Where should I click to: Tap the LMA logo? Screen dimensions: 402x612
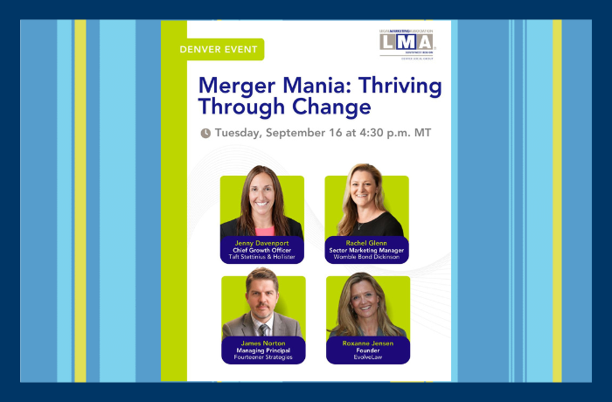406,41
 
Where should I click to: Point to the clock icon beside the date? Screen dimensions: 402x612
205,134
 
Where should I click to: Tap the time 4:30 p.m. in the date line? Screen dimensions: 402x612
387,133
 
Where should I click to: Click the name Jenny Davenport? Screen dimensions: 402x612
261,242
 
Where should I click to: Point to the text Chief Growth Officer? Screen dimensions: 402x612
261,250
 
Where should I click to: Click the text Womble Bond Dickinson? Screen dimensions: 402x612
366,258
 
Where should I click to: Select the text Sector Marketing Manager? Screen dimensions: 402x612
366,250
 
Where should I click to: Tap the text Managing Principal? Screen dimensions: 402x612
263,350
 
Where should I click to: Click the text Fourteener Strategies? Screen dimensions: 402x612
263,358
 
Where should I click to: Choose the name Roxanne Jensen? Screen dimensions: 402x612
366,343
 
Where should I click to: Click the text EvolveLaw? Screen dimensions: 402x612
366,358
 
